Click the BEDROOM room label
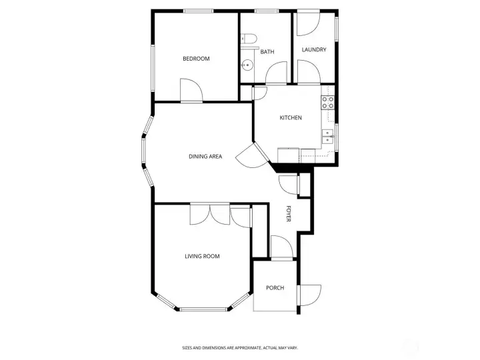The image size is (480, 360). tap(196, 59)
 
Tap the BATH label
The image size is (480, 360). tap(267, 52)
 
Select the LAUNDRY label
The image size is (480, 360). tap(314, 49)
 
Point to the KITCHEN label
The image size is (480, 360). tap(291, 117)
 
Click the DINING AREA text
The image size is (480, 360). tap(205, 157)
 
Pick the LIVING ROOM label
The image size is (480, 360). tap(203, 256)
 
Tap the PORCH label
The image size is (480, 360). tap(275, 288)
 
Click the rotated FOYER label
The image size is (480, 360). tap(289, 214)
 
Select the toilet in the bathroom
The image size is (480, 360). tap(249, 39)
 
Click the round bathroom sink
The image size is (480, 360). tap(247, 65)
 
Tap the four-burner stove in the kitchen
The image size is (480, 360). tap(327, 102)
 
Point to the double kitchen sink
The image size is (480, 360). tap(328, 137)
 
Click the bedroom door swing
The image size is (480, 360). tap(191, 90)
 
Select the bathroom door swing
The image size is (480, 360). tap(277, 73)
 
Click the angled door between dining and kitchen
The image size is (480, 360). tap(253, 156)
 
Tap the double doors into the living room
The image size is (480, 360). tap(210, 214)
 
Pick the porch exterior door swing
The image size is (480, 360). tap(310, 295)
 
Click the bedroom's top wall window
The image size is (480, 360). tap(199, 11)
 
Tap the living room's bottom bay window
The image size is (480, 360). tap(203, 309)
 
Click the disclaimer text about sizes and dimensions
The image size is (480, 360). tap(240, 348)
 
